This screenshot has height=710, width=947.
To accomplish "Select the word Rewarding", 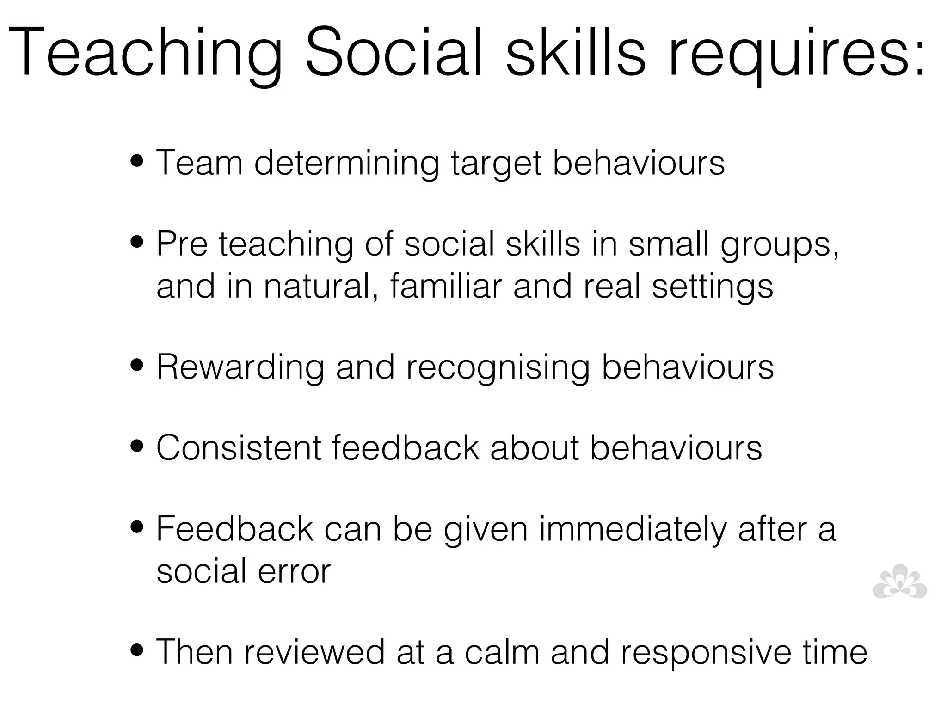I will click(x=240, y=367).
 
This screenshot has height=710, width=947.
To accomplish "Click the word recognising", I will click(x=498, y=369).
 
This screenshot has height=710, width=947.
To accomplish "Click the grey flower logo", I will click(x=899, y=582).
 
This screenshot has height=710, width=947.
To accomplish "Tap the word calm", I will click(x=502, y=652).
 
